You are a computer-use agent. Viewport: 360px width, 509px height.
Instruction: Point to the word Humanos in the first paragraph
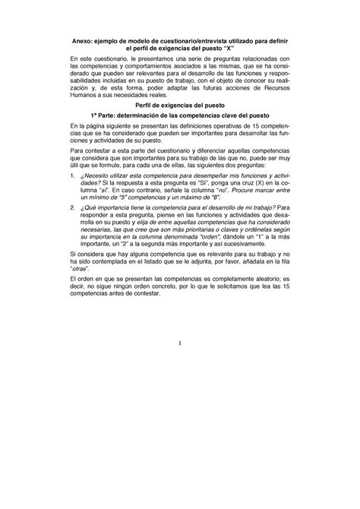tap(85, 115)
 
